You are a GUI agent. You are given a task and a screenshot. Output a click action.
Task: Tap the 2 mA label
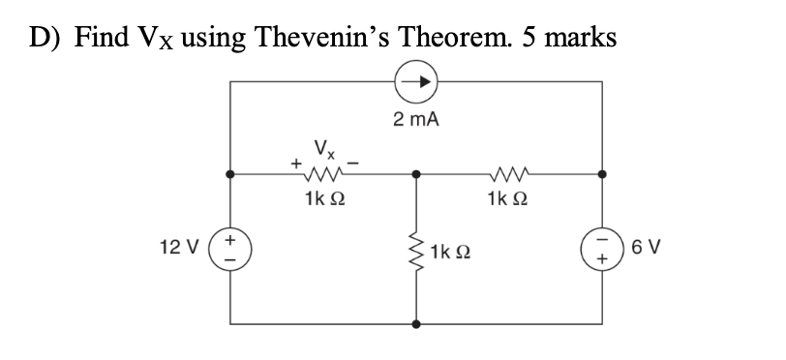pos(416,120)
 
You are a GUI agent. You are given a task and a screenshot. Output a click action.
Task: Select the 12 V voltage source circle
pos(230,249)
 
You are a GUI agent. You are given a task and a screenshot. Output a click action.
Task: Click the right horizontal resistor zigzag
pos(508,176)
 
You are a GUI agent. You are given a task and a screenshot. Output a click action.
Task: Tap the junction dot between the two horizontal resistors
pos(417,176)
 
